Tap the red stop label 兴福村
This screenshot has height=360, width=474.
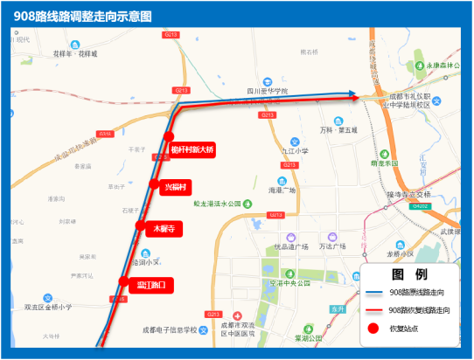164,187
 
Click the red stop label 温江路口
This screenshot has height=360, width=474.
145,284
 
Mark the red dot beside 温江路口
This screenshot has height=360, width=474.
123,280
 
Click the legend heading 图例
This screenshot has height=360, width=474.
408,273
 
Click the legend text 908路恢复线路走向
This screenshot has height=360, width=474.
422,310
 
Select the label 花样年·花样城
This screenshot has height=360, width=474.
76,53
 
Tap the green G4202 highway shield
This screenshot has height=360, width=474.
422,207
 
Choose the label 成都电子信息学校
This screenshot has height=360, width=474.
169,330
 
